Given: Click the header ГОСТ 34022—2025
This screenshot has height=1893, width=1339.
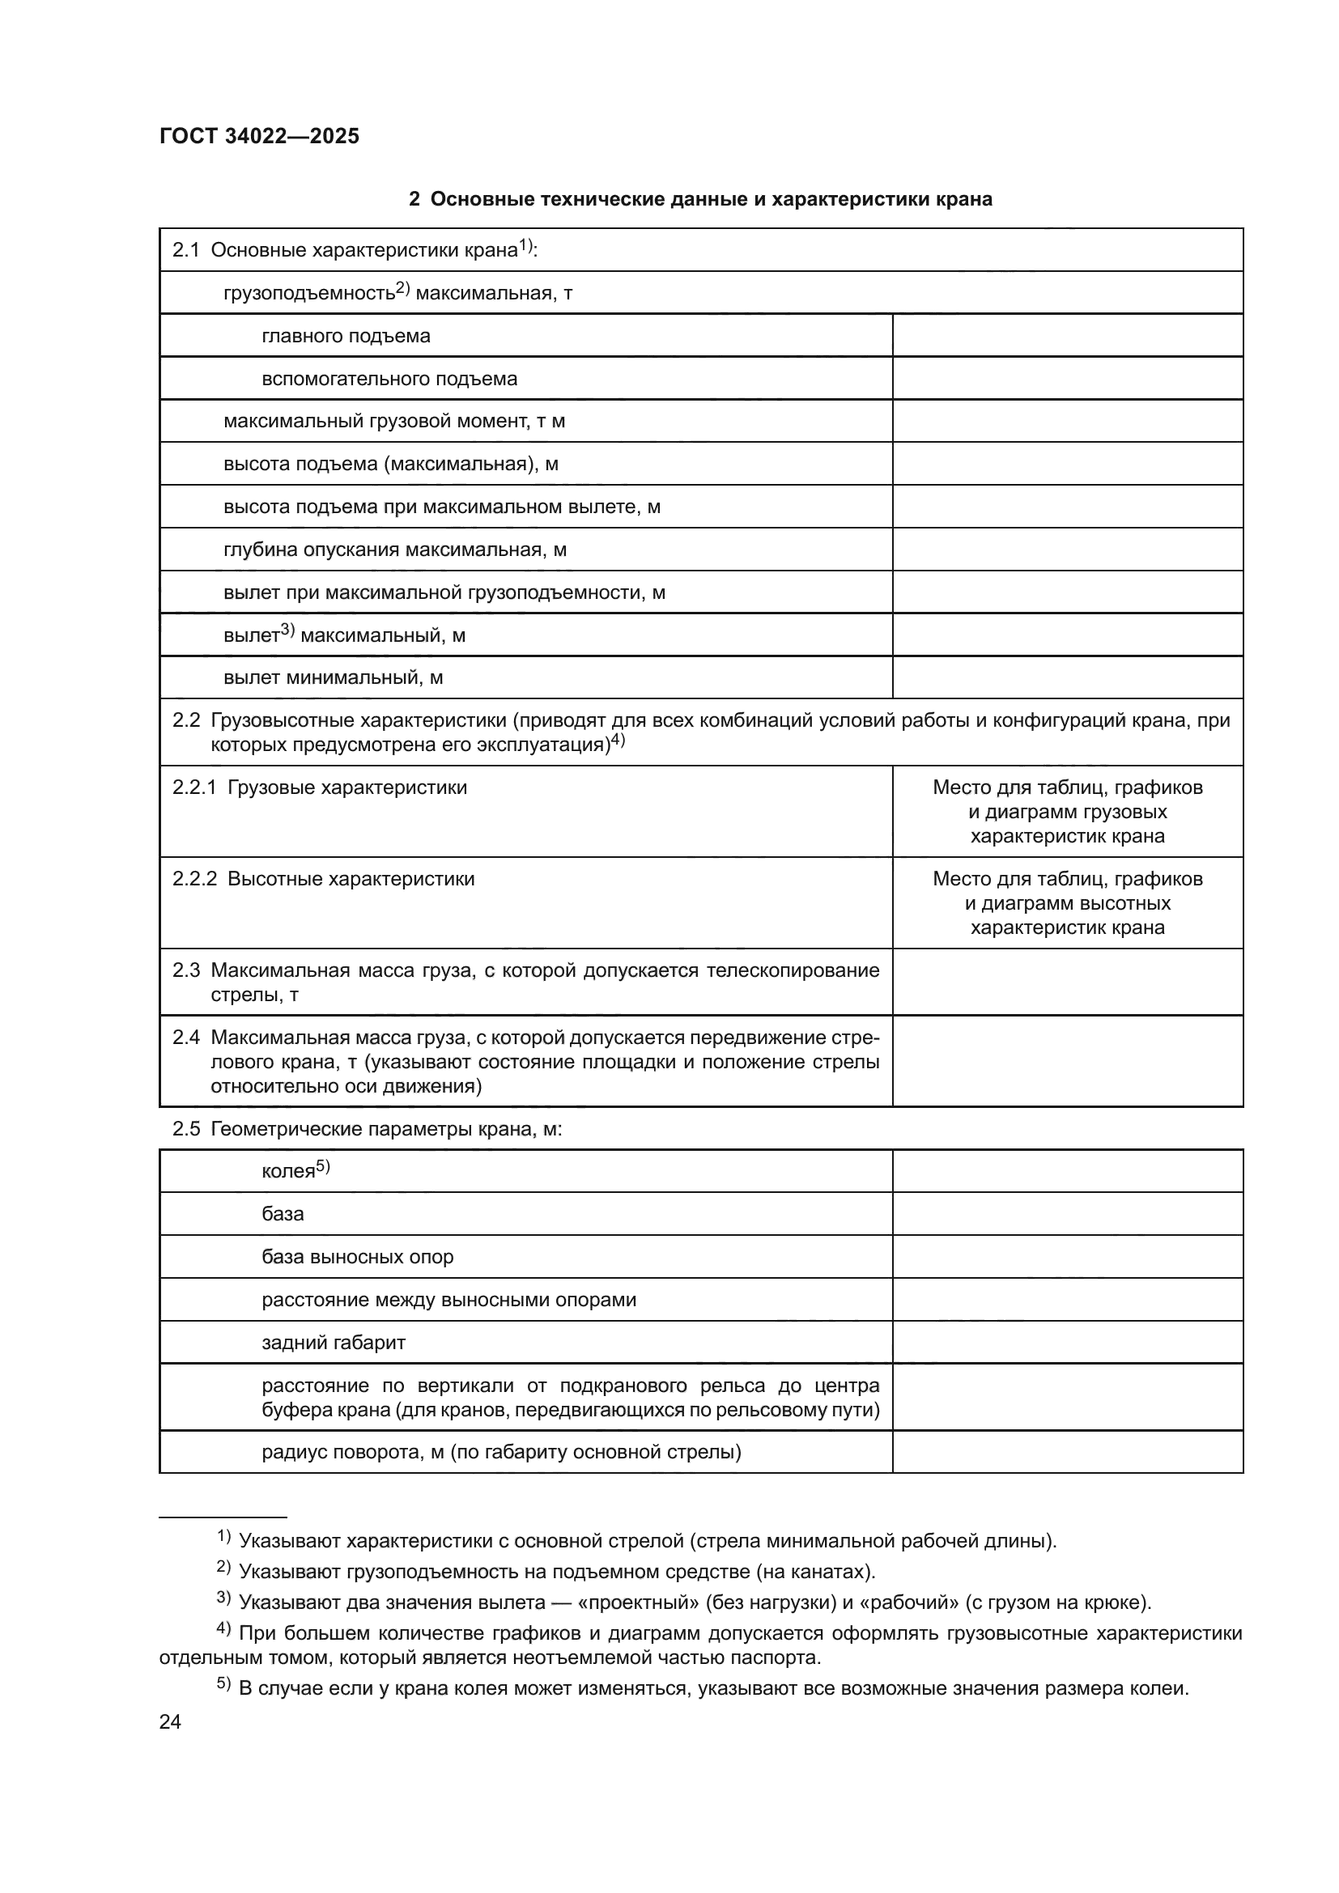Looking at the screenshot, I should click(259, 136).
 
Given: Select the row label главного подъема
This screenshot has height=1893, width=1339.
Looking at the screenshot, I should click(346, 336).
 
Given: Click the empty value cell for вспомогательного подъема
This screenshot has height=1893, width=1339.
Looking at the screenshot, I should click(1067, 379).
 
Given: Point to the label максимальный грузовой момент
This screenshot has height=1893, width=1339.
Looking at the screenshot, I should click(393, 422).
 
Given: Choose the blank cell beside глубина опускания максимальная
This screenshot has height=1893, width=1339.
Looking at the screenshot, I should click(1067, 549).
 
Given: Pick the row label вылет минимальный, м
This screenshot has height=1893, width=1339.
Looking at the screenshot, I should click(333, 677).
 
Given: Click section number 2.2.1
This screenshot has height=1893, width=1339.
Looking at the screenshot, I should click(193, 787).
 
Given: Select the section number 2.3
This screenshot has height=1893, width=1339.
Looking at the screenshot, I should click(186, 970).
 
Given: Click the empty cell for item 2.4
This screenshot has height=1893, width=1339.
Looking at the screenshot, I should click(1067, 1061).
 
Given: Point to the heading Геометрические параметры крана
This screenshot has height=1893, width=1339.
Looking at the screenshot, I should click(386, 1129).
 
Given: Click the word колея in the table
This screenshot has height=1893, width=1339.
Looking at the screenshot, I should click(287, 1172).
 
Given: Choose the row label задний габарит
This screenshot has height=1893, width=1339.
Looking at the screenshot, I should click(333, 1342).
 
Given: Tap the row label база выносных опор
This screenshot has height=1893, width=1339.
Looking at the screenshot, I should click(357, 1257).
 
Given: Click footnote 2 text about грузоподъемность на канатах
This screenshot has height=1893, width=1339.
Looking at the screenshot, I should click(556, 1572).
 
